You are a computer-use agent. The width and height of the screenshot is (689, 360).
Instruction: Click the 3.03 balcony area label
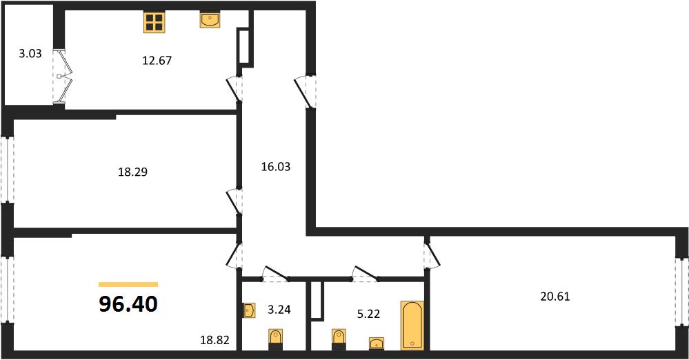30,54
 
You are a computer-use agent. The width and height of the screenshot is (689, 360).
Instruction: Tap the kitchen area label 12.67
157,60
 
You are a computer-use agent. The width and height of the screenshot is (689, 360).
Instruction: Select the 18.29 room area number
132,172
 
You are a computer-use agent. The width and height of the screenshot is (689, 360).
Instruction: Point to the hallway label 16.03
275,167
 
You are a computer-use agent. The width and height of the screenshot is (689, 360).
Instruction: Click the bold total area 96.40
128,303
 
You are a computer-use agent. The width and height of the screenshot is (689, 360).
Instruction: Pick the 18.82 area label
215,339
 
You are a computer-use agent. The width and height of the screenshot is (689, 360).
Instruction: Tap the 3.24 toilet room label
279,310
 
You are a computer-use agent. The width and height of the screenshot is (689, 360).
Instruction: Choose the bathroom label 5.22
368,314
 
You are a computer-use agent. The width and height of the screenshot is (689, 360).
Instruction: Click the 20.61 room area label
555,297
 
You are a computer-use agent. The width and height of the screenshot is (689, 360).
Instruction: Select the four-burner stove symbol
154,22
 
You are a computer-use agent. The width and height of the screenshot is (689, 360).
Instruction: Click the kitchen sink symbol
210,20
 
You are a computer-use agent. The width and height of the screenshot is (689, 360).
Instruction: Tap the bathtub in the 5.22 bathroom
412,326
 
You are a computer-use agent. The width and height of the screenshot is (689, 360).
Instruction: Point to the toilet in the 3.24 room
275,339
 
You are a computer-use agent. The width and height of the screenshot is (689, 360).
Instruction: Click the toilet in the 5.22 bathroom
339,339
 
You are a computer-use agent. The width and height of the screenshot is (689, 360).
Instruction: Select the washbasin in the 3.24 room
249,310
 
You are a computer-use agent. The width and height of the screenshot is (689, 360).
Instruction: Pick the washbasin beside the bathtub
377,343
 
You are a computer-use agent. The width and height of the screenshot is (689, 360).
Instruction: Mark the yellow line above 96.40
128,284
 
